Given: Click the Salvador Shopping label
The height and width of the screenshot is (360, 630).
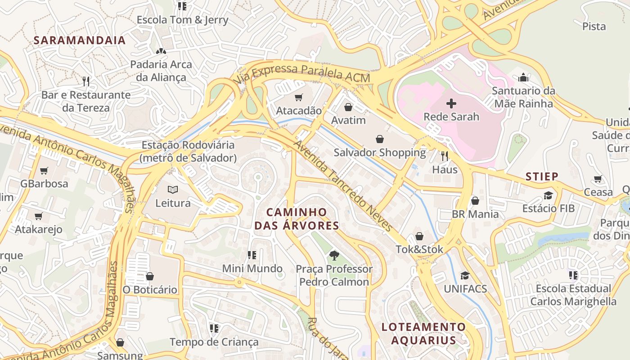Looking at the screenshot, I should pyautogui.click(x=379, y=153).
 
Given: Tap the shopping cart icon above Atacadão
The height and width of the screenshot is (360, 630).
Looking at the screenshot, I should pyautogui.click(x=298, y=97).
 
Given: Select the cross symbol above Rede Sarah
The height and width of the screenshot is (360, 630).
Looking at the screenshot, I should pyautogui.click(x=451, y=104).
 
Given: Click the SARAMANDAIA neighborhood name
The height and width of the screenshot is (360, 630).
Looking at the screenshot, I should pyautogui.click(x=80, y=40).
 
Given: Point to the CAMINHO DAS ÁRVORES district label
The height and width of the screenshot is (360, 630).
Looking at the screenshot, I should pyautogui.click(x=297, y=219).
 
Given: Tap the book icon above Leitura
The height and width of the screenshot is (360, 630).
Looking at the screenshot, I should pyautogui.click(x=173, y=189).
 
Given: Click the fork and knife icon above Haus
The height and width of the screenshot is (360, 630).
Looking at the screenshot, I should pyautogui.click(x=445, y=156).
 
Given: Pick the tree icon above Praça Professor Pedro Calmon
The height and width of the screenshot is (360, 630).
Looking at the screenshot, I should pyautogui.click(x=334, y=256).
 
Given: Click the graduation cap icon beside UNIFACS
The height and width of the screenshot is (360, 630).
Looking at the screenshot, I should pyautogui.click(x=465, y=275).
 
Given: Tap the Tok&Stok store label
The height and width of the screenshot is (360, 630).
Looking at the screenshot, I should pyautogui.click(x=419, y=249).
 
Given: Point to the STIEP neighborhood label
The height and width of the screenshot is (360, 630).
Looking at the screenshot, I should pyautogui.click(x=542, y=176).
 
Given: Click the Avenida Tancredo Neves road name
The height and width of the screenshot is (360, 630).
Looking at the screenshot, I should pyautogui.click(x=343, y=185).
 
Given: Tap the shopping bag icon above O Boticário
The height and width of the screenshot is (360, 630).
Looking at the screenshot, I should pyautogui.click(x=150, y=276).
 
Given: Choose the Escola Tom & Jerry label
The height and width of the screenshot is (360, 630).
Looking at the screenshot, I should pyautogui.click(x=182, y=20).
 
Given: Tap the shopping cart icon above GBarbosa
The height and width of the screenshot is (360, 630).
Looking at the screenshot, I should pyautogui.click(x=44, y=171).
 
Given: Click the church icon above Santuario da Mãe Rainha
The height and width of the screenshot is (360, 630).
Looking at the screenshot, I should pyautogui.click(x=523, y=77).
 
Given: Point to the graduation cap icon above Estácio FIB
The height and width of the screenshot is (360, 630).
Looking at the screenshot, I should pyautogui.click(x=548, y=195).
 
